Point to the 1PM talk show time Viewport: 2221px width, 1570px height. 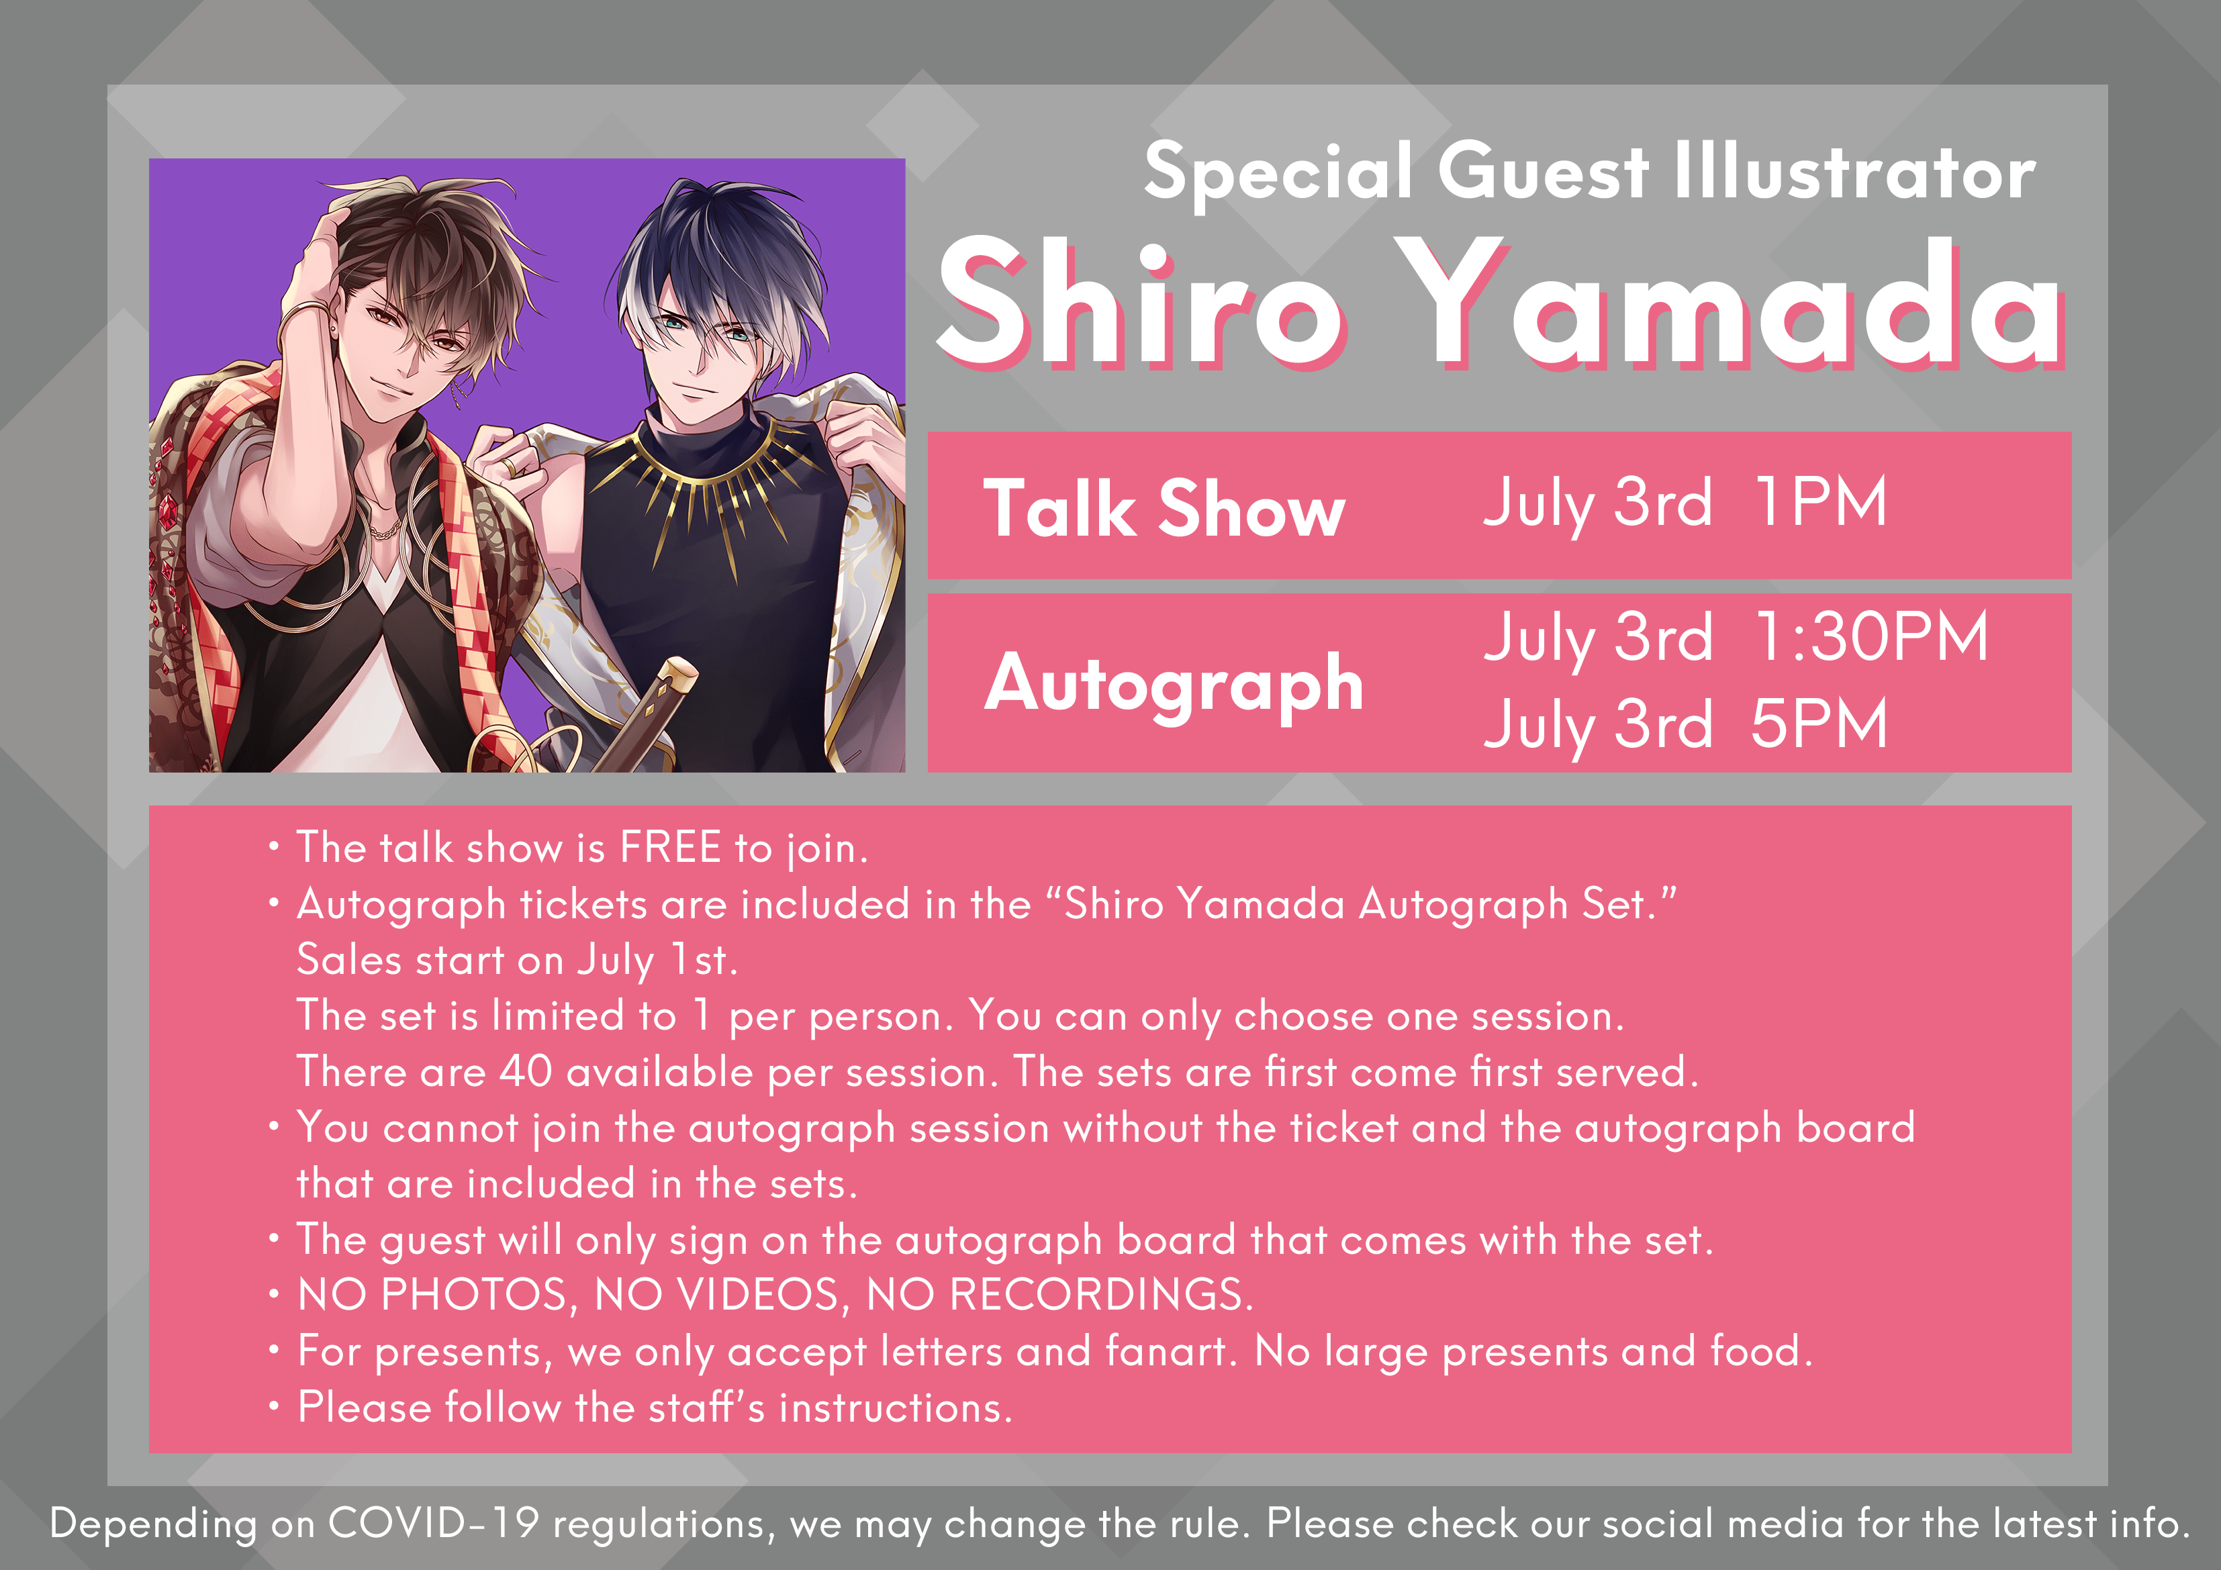coord(1820,502)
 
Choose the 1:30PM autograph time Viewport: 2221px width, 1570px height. coord(1871,636)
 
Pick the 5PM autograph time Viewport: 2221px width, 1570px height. coord(1819,724)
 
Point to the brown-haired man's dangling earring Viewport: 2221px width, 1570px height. coord(463,392)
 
